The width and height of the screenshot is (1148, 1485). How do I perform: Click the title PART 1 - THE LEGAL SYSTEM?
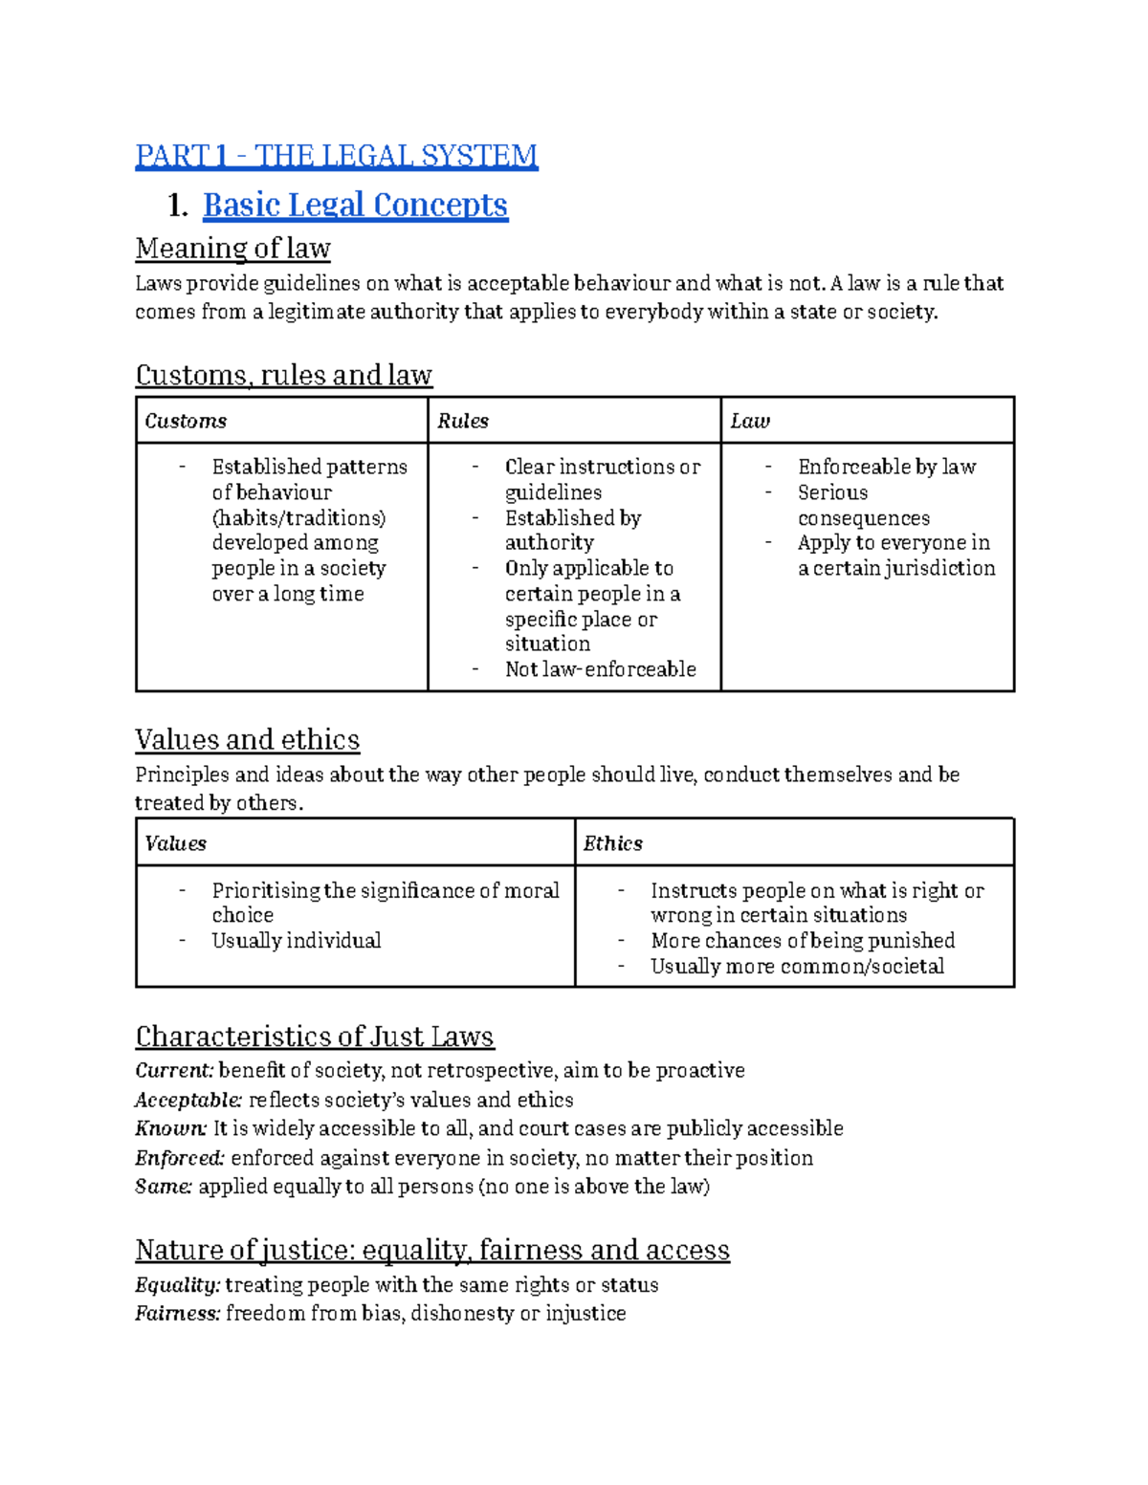[x=336, y=155]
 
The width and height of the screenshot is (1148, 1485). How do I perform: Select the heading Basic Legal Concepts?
[x=355, y=205]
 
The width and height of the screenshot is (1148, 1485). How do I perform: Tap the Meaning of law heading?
[x=232, y=249]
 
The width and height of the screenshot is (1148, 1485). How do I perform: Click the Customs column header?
[x=186, y=421]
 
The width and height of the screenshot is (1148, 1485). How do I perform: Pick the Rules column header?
[x=463, y=421]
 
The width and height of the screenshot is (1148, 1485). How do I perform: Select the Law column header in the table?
[x=750, y=421]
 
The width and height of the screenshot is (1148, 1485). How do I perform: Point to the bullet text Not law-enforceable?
[x=600, y=669]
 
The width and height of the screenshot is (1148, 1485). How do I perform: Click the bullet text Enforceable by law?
[x=886, y=467]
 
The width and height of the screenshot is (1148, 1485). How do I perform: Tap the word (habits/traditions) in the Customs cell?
[x=298, y=517]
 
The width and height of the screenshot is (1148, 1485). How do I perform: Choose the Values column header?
[x=175, y=843]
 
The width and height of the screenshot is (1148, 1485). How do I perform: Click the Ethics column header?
[x=612, y=843]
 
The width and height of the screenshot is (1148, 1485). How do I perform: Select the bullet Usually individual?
[x=296, y=941]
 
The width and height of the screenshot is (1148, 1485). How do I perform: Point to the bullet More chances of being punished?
[x=802, y=941]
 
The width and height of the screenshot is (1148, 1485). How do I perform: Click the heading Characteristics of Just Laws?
[x=314, y=1037]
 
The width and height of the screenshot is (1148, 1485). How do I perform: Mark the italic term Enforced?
[x=179, y=1158]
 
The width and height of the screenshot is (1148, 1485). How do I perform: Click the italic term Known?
[x=170, y=1128]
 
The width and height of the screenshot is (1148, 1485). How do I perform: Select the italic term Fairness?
[x=177, y=1314]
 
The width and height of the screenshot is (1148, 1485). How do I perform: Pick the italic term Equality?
[x=177, y=1284]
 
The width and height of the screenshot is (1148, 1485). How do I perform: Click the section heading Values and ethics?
[x=247, y=740]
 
